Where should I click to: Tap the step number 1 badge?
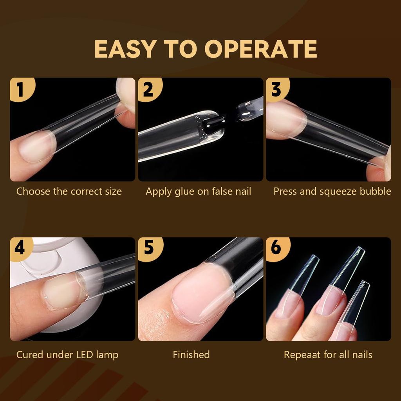pos(20,89)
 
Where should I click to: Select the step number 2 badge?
pos(148,89)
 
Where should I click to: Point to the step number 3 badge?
pos(276,89)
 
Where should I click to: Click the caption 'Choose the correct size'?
pos(69,191)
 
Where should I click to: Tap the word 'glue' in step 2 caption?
pos(188,191)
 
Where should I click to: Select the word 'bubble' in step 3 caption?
pos(376,191)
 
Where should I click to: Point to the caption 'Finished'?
pos(191,355)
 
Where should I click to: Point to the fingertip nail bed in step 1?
pos(35,147)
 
